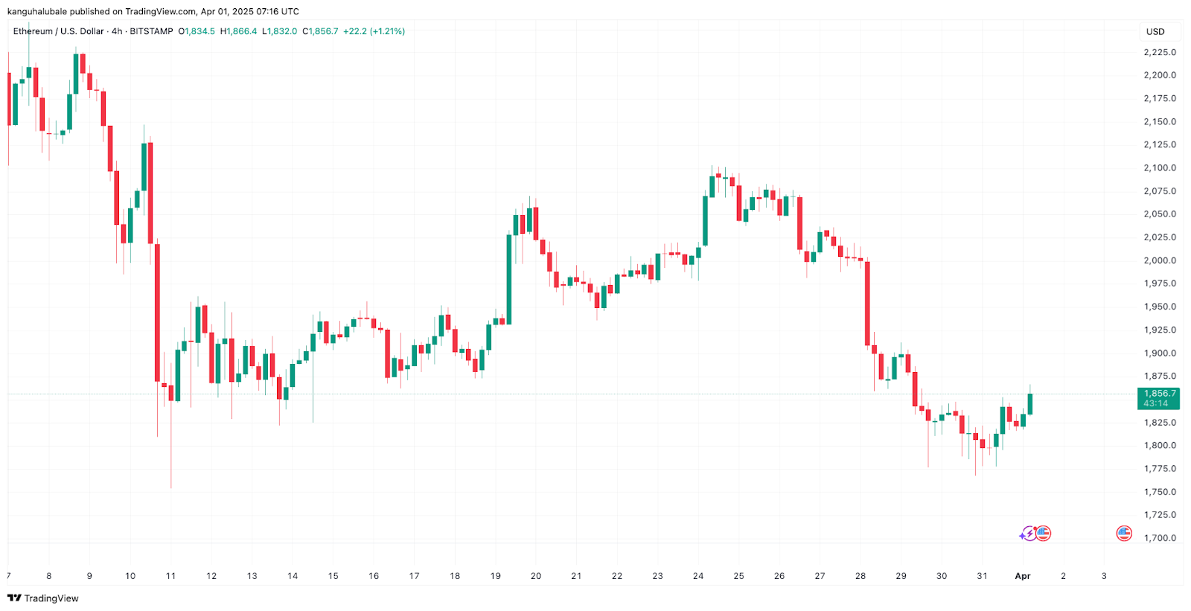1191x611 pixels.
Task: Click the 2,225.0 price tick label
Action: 1160,52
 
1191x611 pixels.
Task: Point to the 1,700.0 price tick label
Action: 1160,538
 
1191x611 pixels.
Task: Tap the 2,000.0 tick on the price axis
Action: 1160,260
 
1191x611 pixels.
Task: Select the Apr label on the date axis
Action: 1023,576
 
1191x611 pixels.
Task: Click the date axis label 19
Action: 496,576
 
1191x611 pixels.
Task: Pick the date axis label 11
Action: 170,576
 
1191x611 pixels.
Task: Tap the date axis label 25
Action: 738,576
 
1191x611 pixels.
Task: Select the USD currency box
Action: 1155,32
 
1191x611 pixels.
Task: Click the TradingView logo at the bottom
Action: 43,598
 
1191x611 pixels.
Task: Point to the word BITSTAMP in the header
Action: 151,31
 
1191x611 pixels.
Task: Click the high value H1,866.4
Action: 238,31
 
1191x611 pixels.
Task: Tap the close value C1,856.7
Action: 320,31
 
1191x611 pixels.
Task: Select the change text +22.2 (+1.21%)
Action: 374,31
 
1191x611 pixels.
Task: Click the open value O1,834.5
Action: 197,31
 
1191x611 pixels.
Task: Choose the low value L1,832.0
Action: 279,31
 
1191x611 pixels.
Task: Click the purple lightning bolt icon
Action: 1027,534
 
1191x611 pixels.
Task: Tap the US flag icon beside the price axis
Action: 1124,534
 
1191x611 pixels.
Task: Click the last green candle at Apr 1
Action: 1030,403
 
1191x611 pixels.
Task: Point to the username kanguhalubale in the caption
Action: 37,12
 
